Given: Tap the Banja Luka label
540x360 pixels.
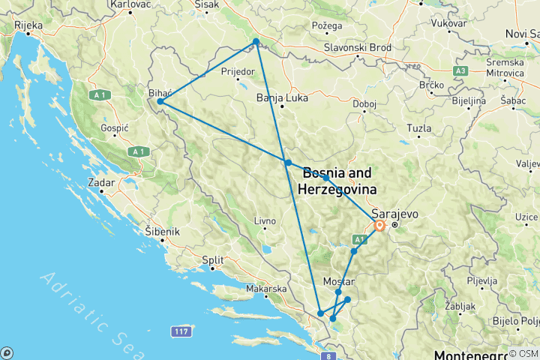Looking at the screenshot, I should (277, 97).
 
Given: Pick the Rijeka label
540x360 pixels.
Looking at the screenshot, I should (28, 25).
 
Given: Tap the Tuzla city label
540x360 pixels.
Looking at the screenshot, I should (418, 128).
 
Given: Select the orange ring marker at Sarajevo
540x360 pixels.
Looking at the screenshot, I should (379, 225).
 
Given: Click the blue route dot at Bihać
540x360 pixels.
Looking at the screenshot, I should (160, 101).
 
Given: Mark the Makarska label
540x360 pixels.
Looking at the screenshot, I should (267, 289).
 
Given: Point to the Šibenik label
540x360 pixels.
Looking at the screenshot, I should (163, 232).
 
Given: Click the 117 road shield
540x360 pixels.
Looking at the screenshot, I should (179, 330).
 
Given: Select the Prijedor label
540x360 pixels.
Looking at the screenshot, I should (238, 72).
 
